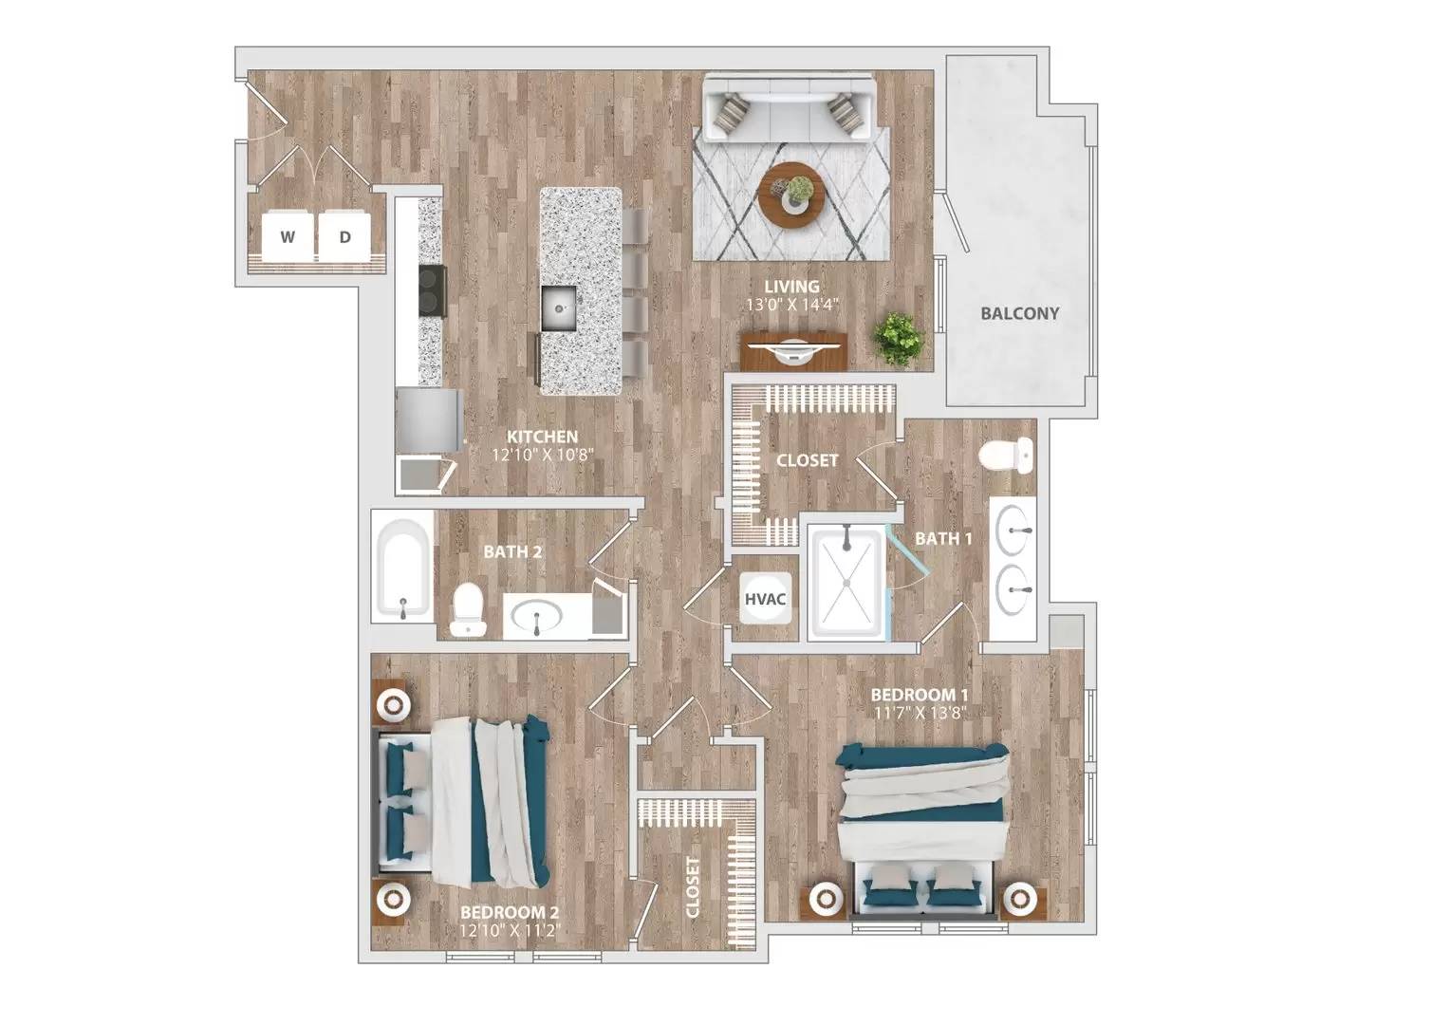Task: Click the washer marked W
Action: point(288,236)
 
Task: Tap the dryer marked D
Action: point(345,236)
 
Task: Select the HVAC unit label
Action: point(766,600)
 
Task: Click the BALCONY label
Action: point(1019,313)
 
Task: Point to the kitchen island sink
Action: point(559,307)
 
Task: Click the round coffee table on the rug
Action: point(791,195)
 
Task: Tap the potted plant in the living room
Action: point(898,337)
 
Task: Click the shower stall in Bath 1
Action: point(846,580)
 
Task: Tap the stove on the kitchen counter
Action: point(433,290)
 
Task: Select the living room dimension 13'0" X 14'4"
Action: point(792,305)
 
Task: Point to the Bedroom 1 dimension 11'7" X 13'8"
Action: point(919,712)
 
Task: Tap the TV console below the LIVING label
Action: point(793,348)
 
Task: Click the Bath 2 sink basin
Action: point(537,619)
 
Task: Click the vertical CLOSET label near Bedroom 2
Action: point(693,887)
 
